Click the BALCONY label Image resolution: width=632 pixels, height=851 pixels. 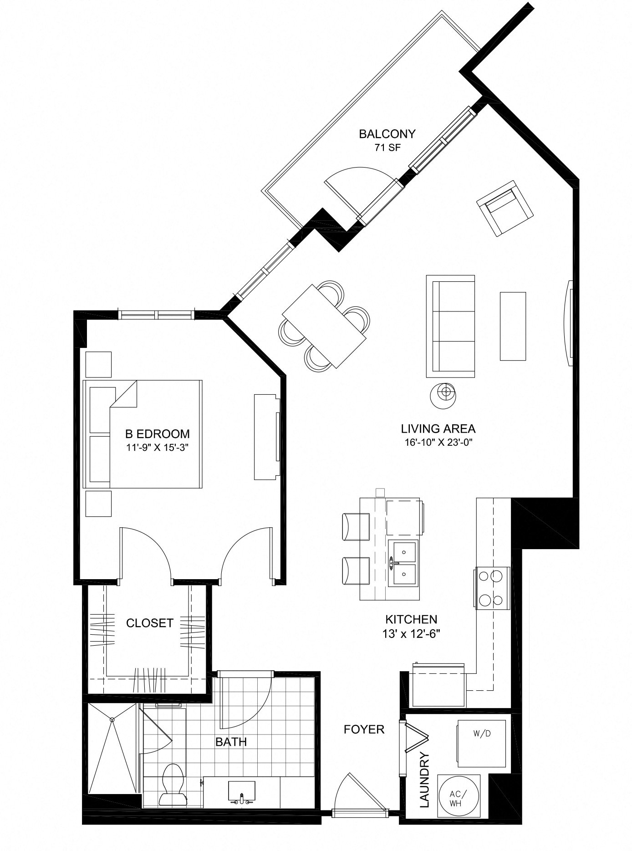[387, 134]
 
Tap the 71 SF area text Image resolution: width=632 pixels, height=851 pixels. [387, 147]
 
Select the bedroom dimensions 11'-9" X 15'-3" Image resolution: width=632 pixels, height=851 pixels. [157, 447]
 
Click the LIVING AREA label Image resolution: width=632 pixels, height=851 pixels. [438, 428]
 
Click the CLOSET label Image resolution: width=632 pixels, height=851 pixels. [149, 623]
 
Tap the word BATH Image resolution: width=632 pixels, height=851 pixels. [231, 742]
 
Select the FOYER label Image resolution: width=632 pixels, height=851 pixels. [364, 729]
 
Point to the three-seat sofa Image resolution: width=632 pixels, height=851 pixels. [450, 326]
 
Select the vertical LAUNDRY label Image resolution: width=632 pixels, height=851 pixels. [424, 780]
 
